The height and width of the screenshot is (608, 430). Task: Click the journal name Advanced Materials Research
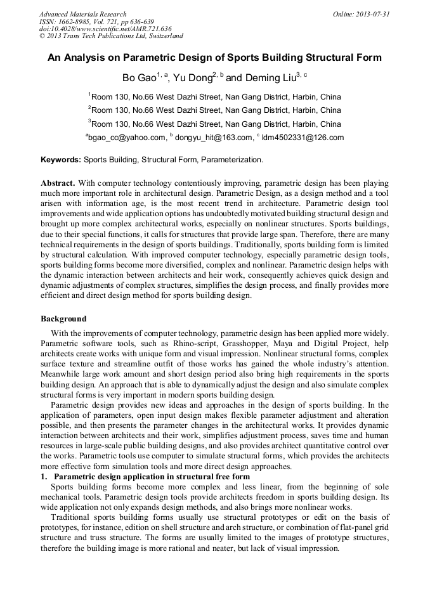click(x=83, y=14)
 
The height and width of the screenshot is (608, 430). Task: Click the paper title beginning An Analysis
click(x=214, y=58)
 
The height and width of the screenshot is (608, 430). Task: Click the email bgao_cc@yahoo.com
click(x=127, y=138)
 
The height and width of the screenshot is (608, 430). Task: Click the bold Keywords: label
click(x=61, y=160)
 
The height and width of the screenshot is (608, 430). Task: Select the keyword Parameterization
click(x=230, y=160)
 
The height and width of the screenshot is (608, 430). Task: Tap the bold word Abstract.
click(x=58, y=183)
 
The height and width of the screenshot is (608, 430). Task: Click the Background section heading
click(x=63, y=318)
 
